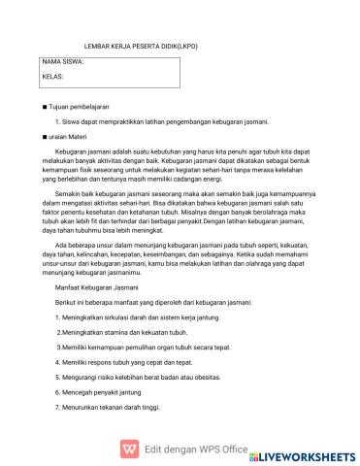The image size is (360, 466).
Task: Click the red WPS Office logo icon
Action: (126, 450)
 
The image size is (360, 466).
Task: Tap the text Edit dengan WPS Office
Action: (195, 450)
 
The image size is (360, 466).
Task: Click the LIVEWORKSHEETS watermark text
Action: (309, 453)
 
